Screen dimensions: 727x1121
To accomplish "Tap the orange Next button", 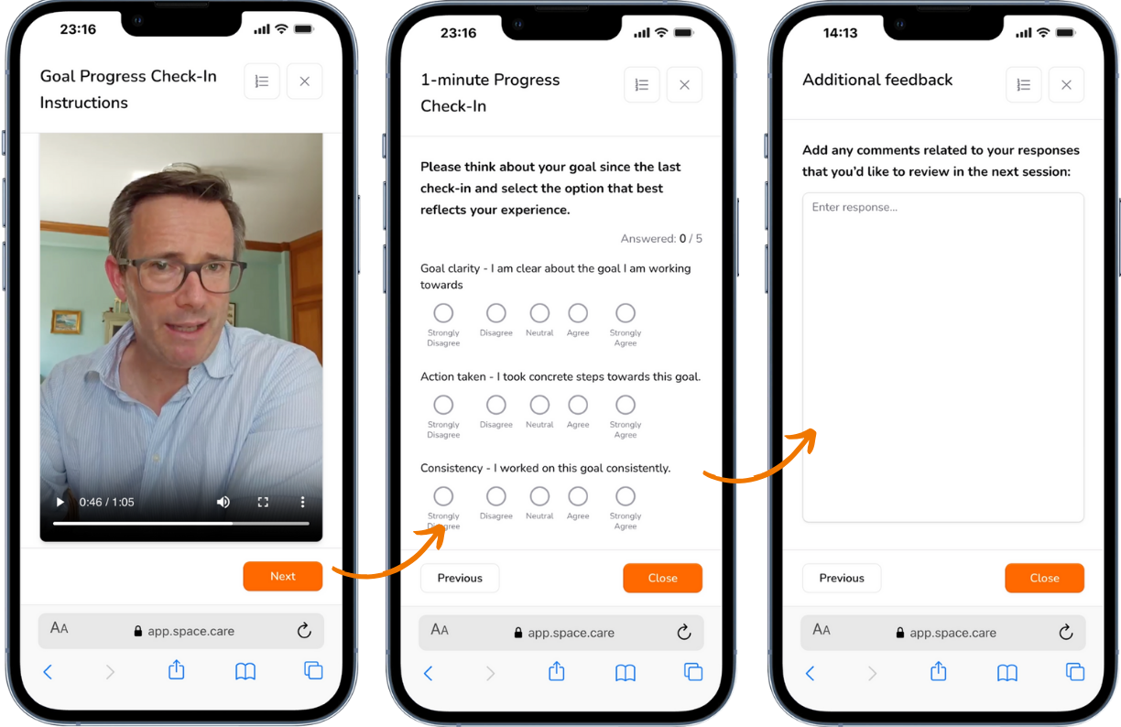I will coord(282,576).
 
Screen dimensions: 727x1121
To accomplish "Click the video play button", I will coord(60,502).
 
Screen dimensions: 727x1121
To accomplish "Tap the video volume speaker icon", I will coord(223,502).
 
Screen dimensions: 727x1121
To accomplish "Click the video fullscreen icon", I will coord(263,502).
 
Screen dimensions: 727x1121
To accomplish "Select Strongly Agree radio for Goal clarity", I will coord(626,313).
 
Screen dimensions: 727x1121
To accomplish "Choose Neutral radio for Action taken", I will coord(539,405).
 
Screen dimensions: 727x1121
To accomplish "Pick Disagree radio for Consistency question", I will coord(495,496).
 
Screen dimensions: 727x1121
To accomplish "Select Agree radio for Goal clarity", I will coord(578,313).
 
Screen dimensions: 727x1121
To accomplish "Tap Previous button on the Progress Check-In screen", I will coord(459,578).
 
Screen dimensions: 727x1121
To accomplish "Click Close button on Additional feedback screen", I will coord(1044,578).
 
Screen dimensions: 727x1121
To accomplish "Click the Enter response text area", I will coord(942,357).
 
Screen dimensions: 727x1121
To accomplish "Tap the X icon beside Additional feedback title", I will coord(1066,85).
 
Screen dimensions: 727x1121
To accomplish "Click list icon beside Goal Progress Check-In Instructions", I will coord(262,81).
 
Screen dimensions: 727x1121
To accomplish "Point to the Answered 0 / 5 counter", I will coord(661,239).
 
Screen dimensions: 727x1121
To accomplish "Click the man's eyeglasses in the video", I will coord(183,273).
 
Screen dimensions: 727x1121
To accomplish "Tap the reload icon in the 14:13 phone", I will coord(1065,632).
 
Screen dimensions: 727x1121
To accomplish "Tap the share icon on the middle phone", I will coord(556,672).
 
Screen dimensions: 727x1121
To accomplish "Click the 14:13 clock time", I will coord(840,33).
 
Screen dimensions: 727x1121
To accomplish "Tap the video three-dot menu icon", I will coord(303,502).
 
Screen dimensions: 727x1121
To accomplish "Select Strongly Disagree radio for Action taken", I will coord(443,405).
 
